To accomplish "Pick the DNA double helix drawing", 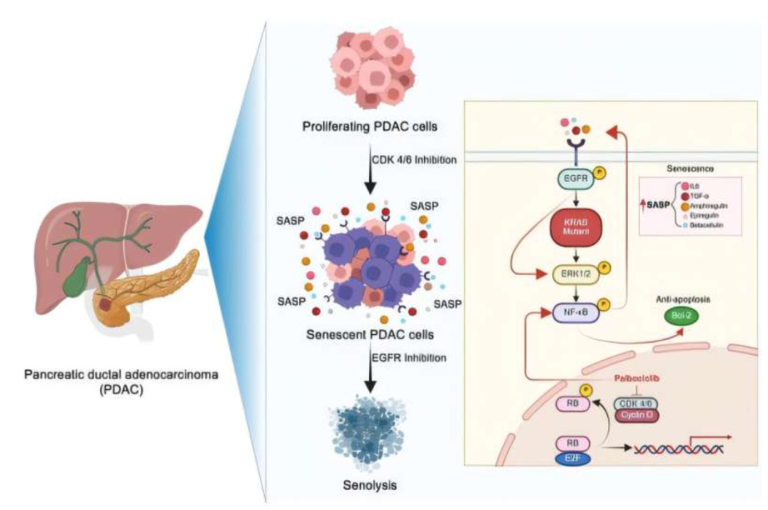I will tap(672, 450).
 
